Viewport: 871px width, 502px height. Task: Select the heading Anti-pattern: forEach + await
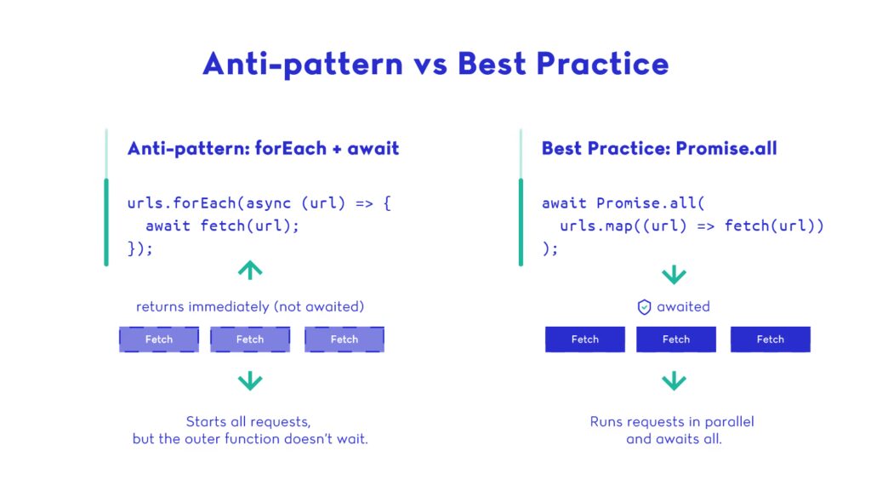coord(264,148)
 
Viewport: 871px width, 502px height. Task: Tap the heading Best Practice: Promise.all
coord(659,148)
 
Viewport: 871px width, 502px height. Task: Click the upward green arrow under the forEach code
coord(250,270)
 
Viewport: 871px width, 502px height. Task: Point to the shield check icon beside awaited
coord(644,307)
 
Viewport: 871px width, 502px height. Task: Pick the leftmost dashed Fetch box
coord(159,339)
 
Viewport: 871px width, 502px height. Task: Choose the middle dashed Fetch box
coord(250,339)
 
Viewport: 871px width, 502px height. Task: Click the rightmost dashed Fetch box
coord(344,339)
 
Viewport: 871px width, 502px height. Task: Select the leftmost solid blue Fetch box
coord(585,339)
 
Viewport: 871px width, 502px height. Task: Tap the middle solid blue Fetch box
coord(676,339)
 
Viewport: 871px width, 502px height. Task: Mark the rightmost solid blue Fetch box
coord(771,339)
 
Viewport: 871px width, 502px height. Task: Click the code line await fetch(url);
coord(222,225)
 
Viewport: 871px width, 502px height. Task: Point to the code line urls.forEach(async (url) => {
coord(259,203)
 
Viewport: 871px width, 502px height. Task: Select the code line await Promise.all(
coord(623,203)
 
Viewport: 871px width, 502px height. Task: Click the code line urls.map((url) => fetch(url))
coord(692,225)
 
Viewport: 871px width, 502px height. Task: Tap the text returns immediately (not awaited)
coord(250,307)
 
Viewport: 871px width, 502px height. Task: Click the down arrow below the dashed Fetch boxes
coord(250,381)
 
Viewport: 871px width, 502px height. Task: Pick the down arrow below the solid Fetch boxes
coord(674,381)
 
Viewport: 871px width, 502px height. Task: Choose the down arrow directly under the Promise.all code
coord(674,275)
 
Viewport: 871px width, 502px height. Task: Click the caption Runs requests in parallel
coord(672,422)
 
